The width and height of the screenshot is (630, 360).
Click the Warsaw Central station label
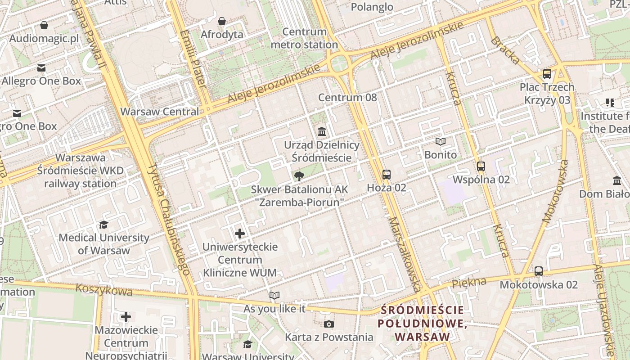pyautogui.click(x=159, y=112)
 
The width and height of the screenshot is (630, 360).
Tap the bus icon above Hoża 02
pyautogui.click(x=386, y=175)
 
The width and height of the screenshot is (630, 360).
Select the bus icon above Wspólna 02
pyautogui.click(x=481, y=166)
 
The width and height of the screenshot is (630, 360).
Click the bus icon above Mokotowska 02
pyautogui.click(x=539, y=271)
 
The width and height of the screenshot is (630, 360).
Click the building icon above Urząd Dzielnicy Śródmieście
pyautogui.click(x=322, y=132)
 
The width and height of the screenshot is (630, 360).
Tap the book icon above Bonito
pyautogui.click(x=441, y=142)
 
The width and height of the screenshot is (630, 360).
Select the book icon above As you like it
pyautogui.click(x=274, y=296)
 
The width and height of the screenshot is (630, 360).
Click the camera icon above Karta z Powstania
pyautogui.click(x=329, y=324)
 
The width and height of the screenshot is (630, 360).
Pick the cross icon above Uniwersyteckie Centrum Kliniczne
pyautogui.click(x=240, y=234)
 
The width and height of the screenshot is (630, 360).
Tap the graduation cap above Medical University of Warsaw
pyautogui.click(x=104, y=225)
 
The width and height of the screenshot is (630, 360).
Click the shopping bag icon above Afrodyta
pyautogui.click(x=222, y=21)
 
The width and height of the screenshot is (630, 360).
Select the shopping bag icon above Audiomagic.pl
pyautogui.click(x=44, y=25)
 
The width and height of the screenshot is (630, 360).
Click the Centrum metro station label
pyautogui.click(x=304, y=38)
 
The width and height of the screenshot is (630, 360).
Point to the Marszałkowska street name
pyautogui.click(x=406, y=255)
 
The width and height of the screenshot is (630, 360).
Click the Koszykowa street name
pyautogui.click(x=104, y=289)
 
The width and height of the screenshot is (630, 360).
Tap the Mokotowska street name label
pyautogui.click(x=555, y=192)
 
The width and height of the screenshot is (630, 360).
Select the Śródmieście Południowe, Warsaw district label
pyautogui.click(x=421, y=323)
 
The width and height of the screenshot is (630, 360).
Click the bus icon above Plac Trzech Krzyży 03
pyautogui.click(x=547, y=74)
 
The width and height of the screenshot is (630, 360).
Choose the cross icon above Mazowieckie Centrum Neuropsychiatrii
pyautogui.click(x=126, y=317)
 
